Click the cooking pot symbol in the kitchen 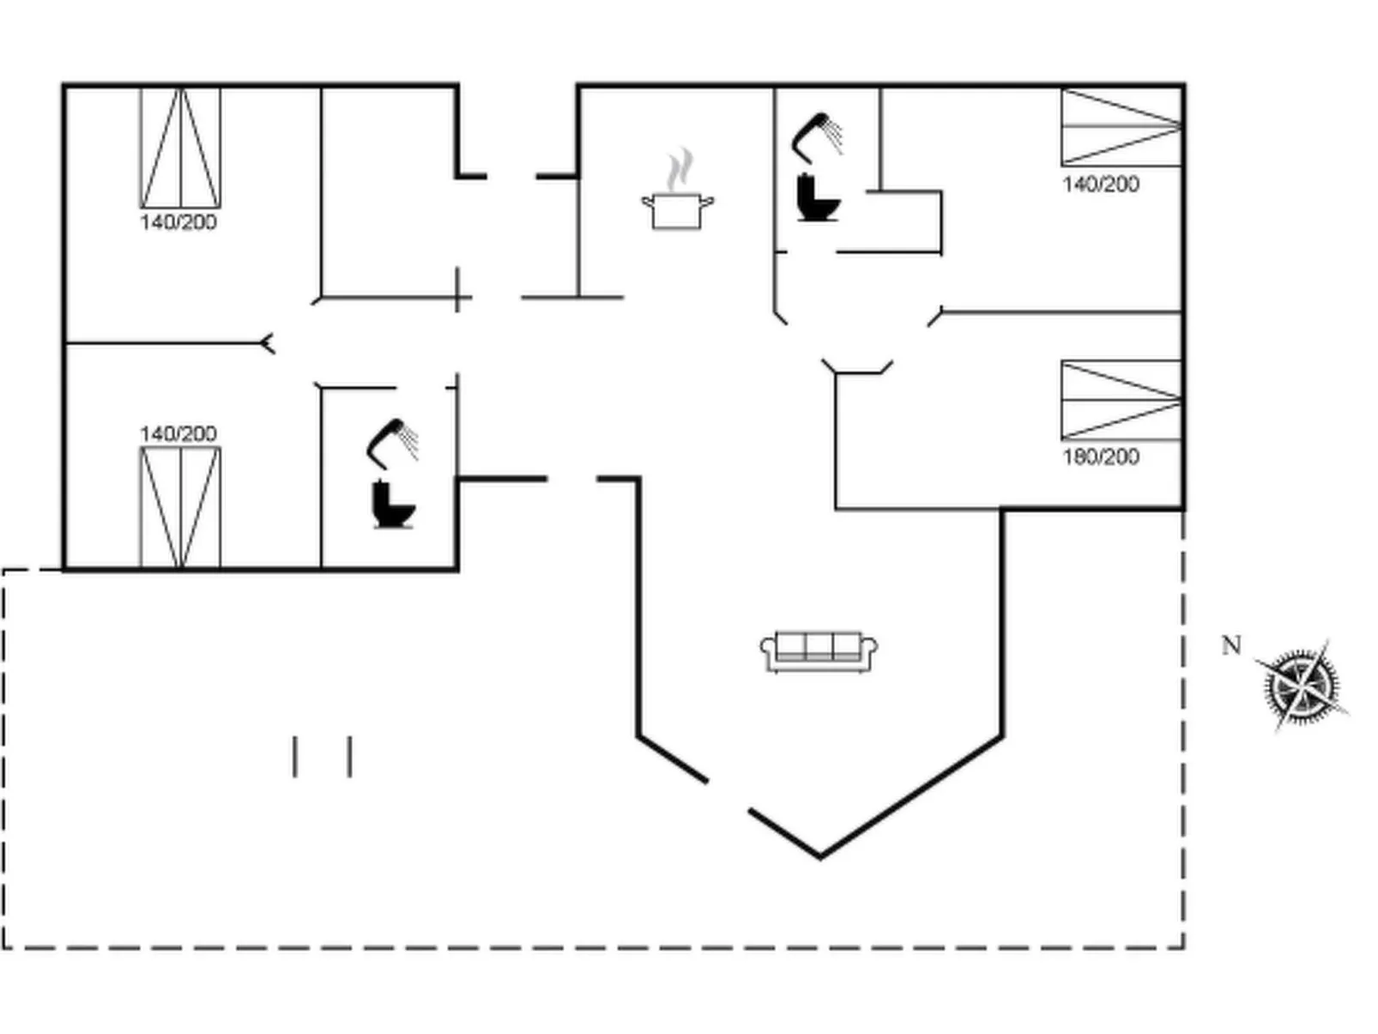point(677,211)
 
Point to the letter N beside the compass point(1231,645)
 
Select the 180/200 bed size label point(1101,457)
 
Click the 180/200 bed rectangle point(1121,401)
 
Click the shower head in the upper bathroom point(818,134)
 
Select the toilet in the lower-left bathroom point(392,505)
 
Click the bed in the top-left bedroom point(180,148)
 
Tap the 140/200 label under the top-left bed point(178,222)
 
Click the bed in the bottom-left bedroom point(180,507)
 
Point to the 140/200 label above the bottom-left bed point(178,433)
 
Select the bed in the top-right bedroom point(1121,127)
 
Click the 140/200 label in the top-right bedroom point(1101,184)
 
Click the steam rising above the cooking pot point(679,169)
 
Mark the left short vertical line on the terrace point(295,756)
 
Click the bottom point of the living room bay point(819,856)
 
